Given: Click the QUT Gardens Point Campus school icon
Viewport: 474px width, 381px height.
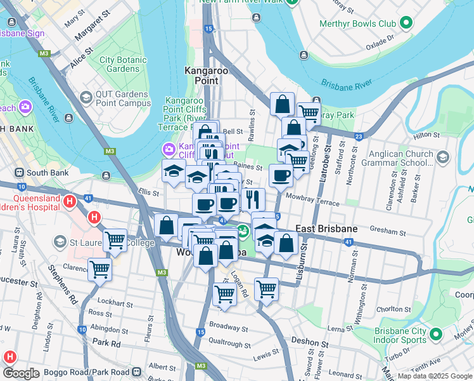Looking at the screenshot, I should click(86, 98).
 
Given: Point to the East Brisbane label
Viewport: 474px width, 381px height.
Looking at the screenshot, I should click(325, 229).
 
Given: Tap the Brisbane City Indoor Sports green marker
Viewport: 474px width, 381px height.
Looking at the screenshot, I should click(435, 333).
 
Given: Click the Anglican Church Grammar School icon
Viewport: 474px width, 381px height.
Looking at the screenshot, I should click(442, 157).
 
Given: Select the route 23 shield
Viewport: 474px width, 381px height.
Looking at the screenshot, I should click(359, 136).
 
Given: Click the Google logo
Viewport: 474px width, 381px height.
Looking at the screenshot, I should click(21, 373).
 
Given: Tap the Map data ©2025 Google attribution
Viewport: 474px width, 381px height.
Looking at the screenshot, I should click(433, 376).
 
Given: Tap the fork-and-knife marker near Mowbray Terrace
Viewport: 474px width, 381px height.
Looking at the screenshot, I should click(253, 199).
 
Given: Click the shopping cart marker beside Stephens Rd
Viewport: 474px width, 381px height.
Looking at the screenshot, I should click(99, 269).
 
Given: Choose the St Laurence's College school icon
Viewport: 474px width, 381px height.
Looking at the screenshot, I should click(60, 242).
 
